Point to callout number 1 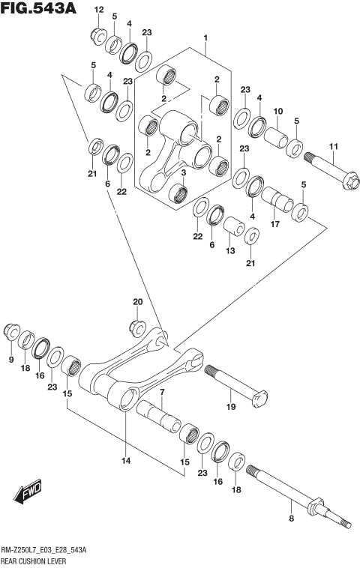204,37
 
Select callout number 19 231,406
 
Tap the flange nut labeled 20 136,326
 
